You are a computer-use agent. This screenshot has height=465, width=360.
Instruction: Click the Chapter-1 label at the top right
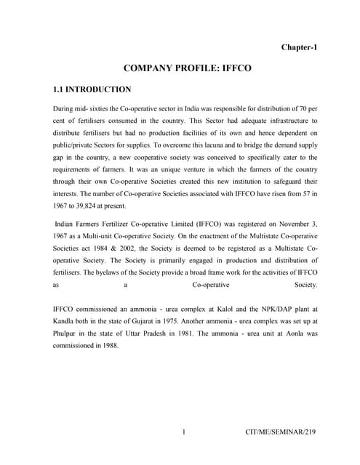pyautogui.click(x=299, y=47)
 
